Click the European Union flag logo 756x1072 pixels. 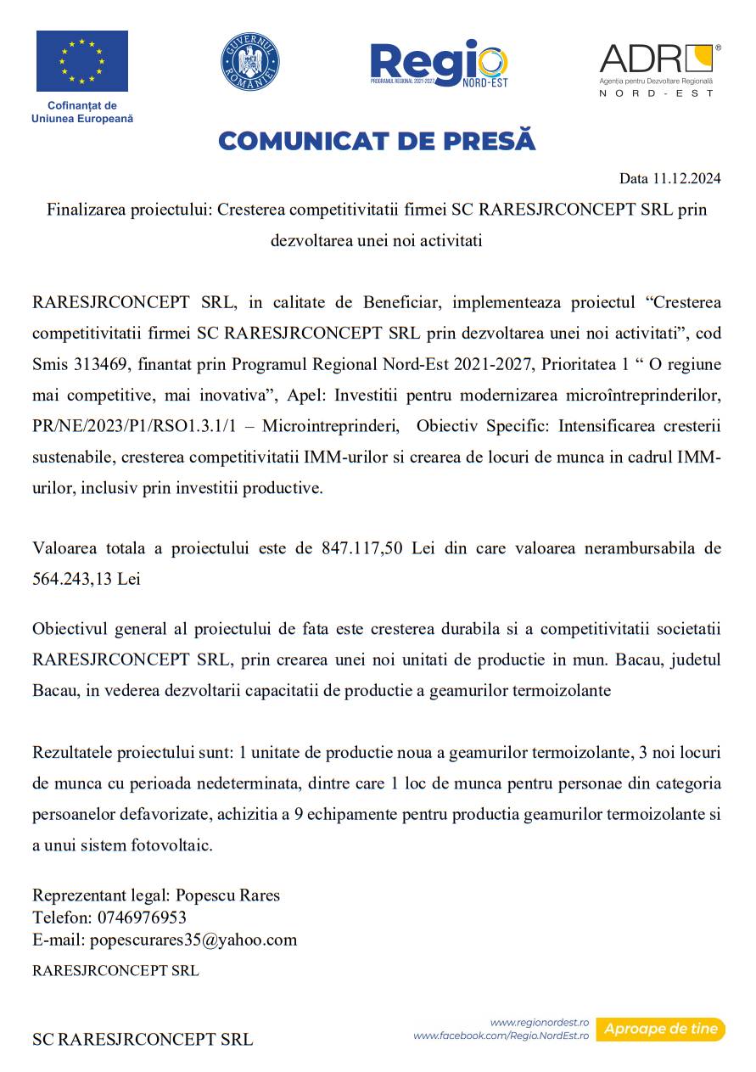[82, 61]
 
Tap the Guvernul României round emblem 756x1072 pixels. [250, 62]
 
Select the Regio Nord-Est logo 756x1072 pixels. [439, 64]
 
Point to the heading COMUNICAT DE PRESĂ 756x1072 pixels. [377, 141]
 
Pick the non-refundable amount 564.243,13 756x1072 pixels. [73, 579]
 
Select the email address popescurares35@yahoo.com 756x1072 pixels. [193, 940]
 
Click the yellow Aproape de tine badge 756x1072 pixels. [660, 1030]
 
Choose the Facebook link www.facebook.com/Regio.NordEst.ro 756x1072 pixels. [501, 1036]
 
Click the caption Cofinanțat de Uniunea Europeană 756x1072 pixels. [82, 112]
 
